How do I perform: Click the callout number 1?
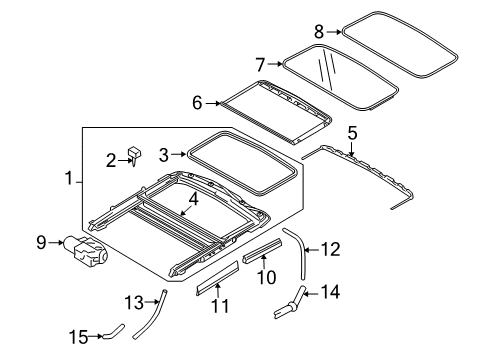tap(69, 180)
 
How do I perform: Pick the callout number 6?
tap(197, 102)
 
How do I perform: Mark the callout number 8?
tap(319, 30)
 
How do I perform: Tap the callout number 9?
tap(42, 241)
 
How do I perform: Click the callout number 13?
tap(133, 302)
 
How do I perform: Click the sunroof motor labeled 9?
tap(87, 250)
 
